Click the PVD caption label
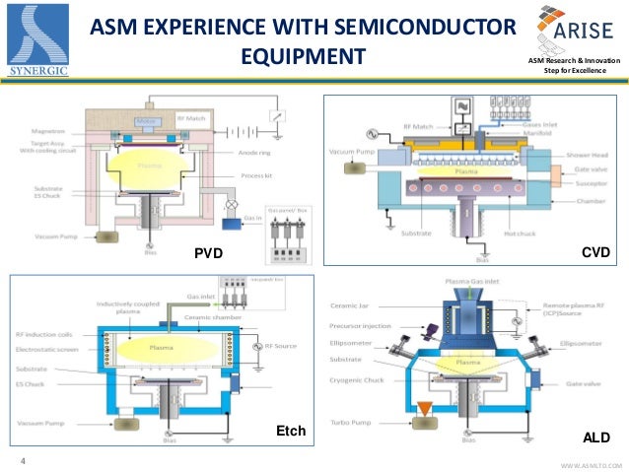point(210,254)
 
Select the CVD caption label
point(595,253)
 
